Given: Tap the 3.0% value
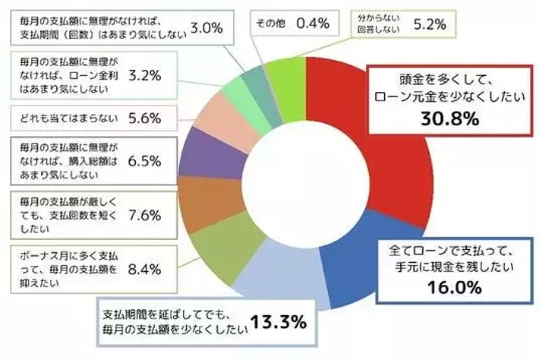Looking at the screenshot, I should coord(206,28).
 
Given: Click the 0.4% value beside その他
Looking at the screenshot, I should coord(312,24).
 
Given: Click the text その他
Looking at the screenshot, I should coord(269,24).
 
